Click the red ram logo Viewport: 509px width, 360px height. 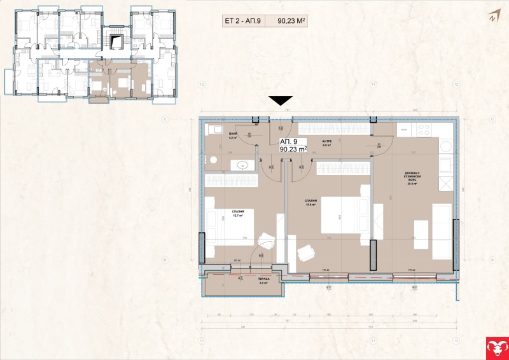click(x=496, y=347)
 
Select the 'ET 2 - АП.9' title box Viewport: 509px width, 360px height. click(x=243, y=21)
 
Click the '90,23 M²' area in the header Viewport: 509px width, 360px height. click(x=293, y=21)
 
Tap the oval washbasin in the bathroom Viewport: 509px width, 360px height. click(x=241, y=165)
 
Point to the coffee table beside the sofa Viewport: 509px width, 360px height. click(x=421, y=234)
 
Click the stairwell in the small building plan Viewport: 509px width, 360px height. click(x=115, y=43)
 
